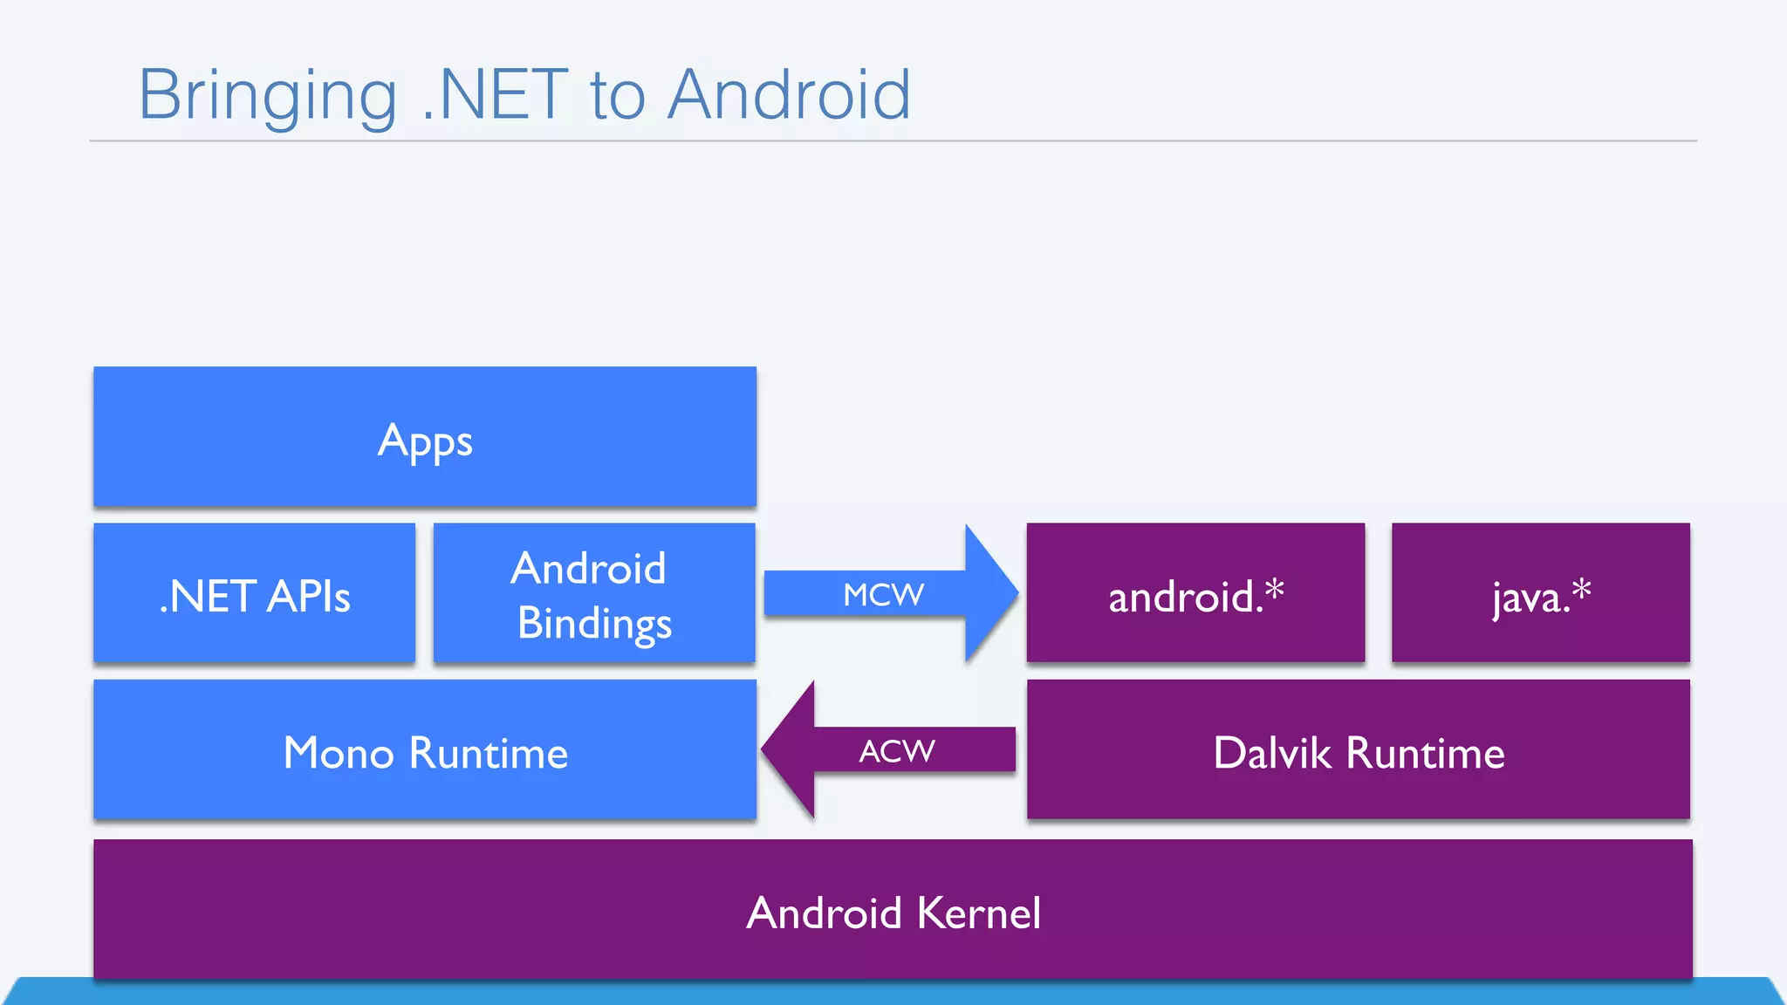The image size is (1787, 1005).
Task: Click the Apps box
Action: [x=425, y=436]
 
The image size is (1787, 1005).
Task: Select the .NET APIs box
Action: [x=254, y=593]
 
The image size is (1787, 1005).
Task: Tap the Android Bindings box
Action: [x=594, y=593]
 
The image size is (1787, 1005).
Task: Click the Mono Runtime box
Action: [x=425, y=750]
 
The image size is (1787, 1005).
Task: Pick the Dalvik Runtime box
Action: [x=1359, y=750]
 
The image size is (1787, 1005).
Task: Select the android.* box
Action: [x=1195, y=593]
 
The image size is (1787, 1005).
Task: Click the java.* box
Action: [x=1541, y=593]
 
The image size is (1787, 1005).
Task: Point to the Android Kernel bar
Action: [x=893, y=911]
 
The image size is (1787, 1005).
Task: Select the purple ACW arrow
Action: [x=899, y=751]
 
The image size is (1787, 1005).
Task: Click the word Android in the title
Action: [x=790, y=94]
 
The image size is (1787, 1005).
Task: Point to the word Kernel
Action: [x=979, y=913]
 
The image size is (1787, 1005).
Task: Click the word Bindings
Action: [x=594, y=625]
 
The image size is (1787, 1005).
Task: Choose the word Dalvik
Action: [x=1272, y=753]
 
